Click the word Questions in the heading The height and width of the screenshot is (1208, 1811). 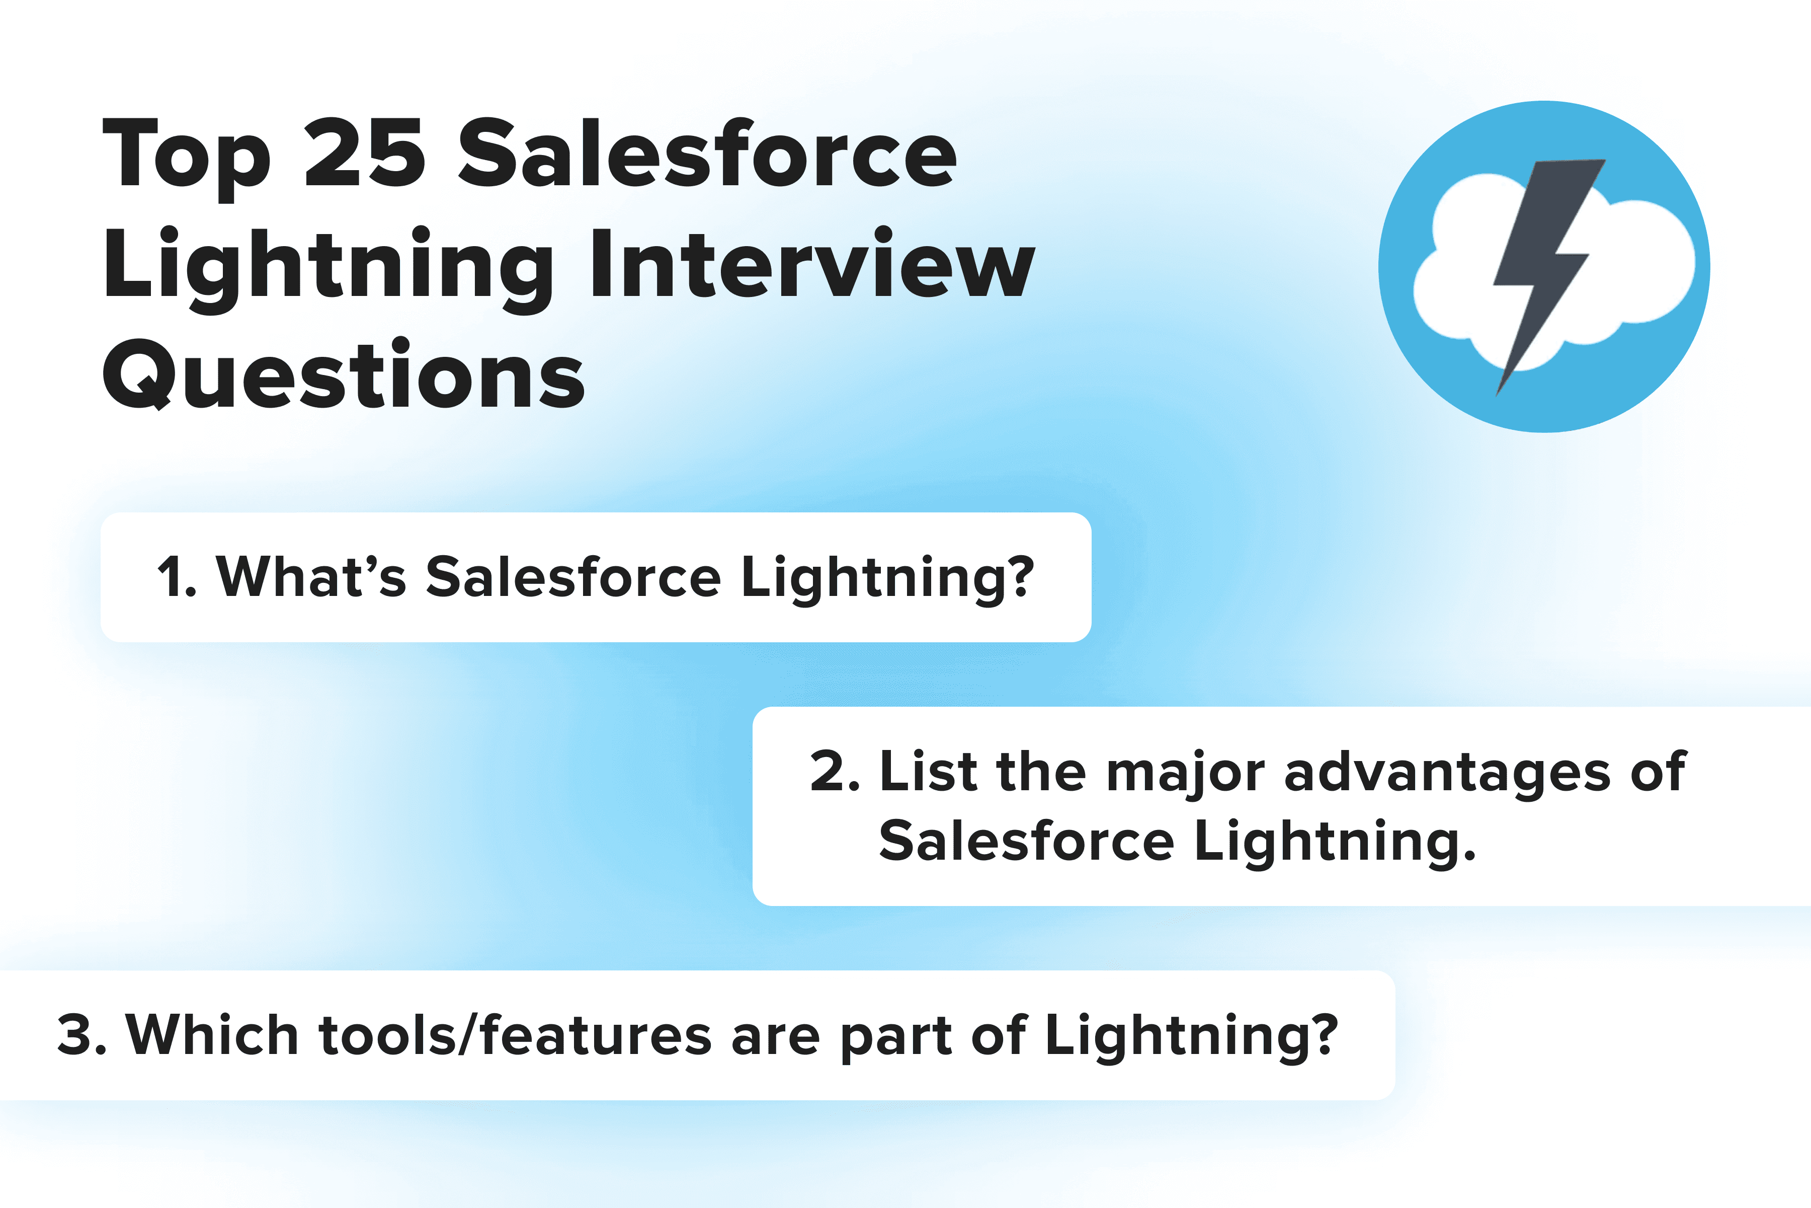[344, 373]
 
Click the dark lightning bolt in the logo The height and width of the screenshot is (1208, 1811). [1548, 277]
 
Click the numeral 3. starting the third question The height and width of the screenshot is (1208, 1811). [81, 1035]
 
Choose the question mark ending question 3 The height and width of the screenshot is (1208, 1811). [1323, 1033]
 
